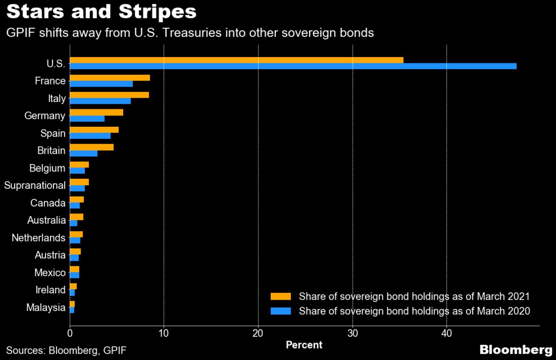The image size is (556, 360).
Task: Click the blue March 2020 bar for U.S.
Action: [293, 66]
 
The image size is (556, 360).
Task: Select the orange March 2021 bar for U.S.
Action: [236, 60]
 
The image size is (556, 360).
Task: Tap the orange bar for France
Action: [110, 77]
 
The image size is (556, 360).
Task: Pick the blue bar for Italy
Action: [100, 101]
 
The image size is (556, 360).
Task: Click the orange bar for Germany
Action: [96, 112]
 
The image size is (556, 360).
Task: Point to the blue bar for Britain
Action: [83, 153]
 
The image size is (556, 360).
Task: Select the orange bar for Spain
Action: [94, 130]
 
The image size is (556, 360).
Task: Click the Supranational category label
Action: [35, 185]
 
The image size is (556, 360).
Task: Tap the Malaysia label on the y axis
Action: [46, 307]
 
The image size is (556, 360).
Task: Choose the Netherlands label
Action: [38, 238]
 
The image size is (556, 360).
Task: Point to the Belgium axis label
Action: [46, 168]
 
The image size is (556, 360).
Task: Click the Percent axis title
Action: [304, 345]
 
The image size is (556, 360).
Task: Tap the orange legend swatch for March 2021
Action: [281, 296]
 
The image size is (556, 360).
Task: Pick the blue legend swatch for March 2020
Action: [281, 311]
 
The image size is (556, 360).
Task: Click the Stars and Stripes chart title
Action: [101, 12]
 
